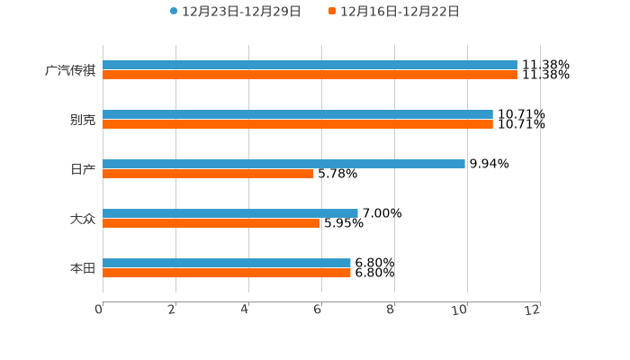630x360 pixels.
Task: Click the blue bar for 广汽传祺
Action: (310, 65)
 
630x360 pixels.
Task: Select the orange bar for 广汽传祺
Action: (310, 75)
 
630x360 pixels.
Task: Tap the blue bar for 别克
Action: (298, 114)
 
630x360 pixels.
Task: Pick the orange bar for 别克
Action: (298, 124)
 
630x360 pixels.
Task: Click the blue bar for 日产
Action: (283, 164)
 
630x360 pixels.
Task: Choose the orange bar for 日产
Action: (208, 174)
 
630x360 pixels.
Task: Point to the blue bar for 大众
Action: (230, 213)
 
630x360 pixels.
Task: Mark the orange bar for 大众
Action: (211, 223)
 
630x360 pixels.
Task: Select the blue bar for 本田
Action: (227, 263)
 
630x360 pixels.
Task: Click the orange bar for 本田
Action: (227, 273)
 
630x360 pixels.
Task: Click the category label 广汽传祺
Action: (70, 70)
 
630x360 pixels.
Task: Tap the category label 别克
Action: (83, 120)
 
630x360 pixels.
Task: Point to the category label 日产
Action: (83, 169)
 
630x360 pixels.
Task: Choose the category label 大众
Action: (83, 219)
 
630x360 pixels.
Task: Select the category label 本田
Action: (83, 268)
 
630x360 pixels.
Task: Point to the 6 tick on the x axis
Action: (318, 310)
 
